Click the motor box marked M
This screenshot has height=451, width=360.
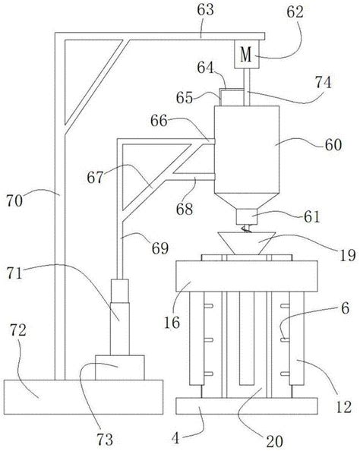(247, 54)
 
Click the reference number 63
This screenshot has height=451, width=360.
(206, 11)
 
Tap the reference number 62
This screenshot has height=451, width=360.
(295, 13)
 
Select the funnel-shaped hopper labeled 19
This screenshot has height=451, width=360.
(247, 243)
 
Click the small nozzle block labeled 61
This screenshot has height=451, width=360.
(246, 216)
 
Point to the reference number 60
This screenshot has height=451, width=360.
(333, 145)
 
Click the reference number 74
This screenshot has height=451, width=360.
(323, 83)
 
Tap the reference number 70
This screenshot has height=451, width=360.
(14, 200)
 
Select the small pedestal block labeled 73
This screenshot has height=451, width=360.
(119, 367)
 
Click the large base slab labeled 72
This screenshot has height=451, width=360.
(84, 397)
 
